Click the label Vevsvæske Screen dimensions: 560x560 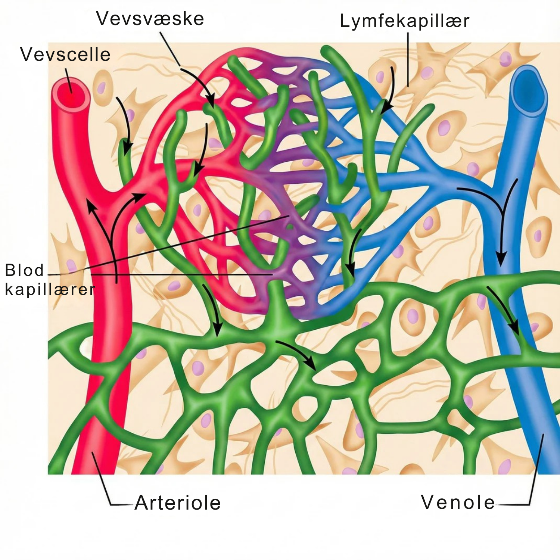click(150, 19)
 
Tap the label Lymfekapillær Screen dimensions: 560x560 click(404, 21)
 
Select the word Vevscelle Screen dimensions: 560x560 click(65, 55)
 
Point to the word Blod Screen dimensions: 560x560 click(24, 270)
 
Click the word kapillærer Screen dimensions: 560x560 click(50, 290)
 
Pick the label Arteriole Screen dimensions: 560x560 click(178, 503)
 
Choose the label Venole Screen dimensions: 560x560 click(458, 502)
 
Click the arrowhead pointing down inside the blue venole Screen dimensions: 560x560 click(501, 258)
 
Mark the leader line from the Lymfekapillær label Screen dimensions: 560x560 click(408, 60)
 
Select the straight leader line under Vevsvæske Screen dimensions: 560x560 click(170, 49)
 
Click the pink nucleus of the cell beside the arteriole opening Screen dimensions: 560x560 click(101, 88)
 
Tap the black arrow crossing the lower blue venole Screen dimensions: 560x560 click(504, 310)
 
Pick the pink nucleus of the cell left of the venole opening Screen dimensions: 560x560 click(505, 59)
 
